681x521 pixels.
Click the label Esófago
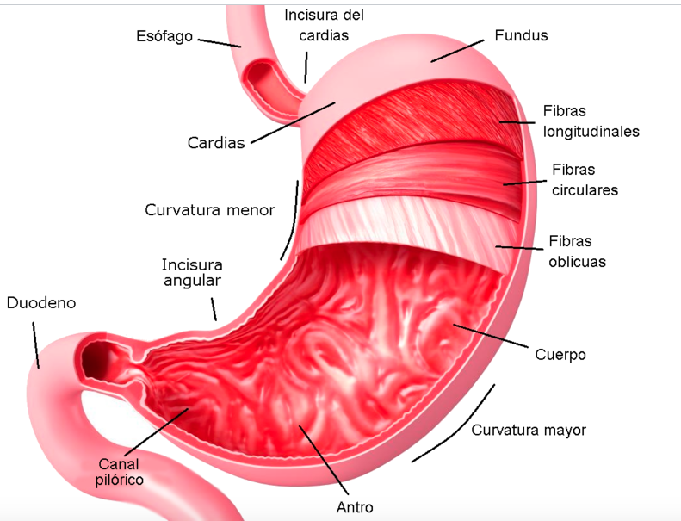coord(164,36)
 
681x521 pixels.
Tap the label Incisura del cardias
coord(324,25)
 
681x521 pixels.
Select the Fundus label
coord(521,35)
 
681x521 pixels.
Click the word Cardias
coord(216,143)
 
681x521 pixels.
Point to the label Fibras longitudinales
coord(591,121)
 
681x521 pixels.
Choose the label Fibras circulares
coord(585,180)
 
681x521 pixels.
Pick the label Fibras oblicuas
coord(577,251)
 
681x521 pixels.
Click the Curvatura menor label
coord(210,210)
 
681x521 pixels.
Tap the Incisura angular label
coord(192,272)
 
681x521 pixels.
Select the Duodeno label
coord(41,303)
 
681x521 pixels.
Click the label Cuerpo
coord(560,355)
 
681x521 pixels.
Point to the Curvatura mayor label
coord(529,431)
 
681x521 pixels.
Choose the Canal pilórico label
coord(120,472)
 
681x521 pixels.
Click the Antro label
coord(355,507)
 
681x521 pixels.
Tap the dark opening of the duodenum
coord(96,359)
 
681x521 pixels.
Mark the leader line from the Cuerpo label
coord(491,336)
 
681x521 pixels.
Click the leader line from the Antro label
coord(324,460)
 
